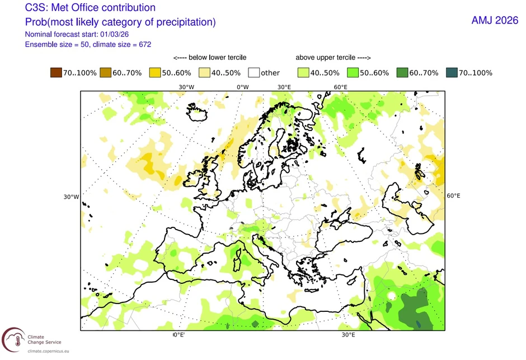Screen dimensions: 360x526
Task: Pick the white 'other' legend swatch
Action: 255,73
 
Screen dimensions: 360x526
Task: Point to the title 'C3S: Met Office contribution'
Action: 90,8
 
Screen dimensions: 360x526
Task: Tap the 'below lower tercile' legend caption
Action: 210,57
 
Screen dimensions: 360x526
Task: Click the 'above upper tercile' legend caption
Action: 334,57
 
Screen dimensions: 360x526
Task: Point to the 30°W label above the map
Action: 186,87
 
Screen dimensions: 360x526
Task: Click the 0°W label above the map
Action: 242,87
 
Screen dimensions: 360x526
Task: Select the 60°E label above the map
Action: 341,87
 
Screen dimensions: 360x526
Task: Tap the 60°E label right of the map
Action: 453,195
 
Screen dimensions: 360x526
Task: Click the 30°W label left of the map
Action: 70,197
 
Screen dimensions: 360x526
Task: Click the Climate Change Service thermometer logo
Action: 12,339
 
